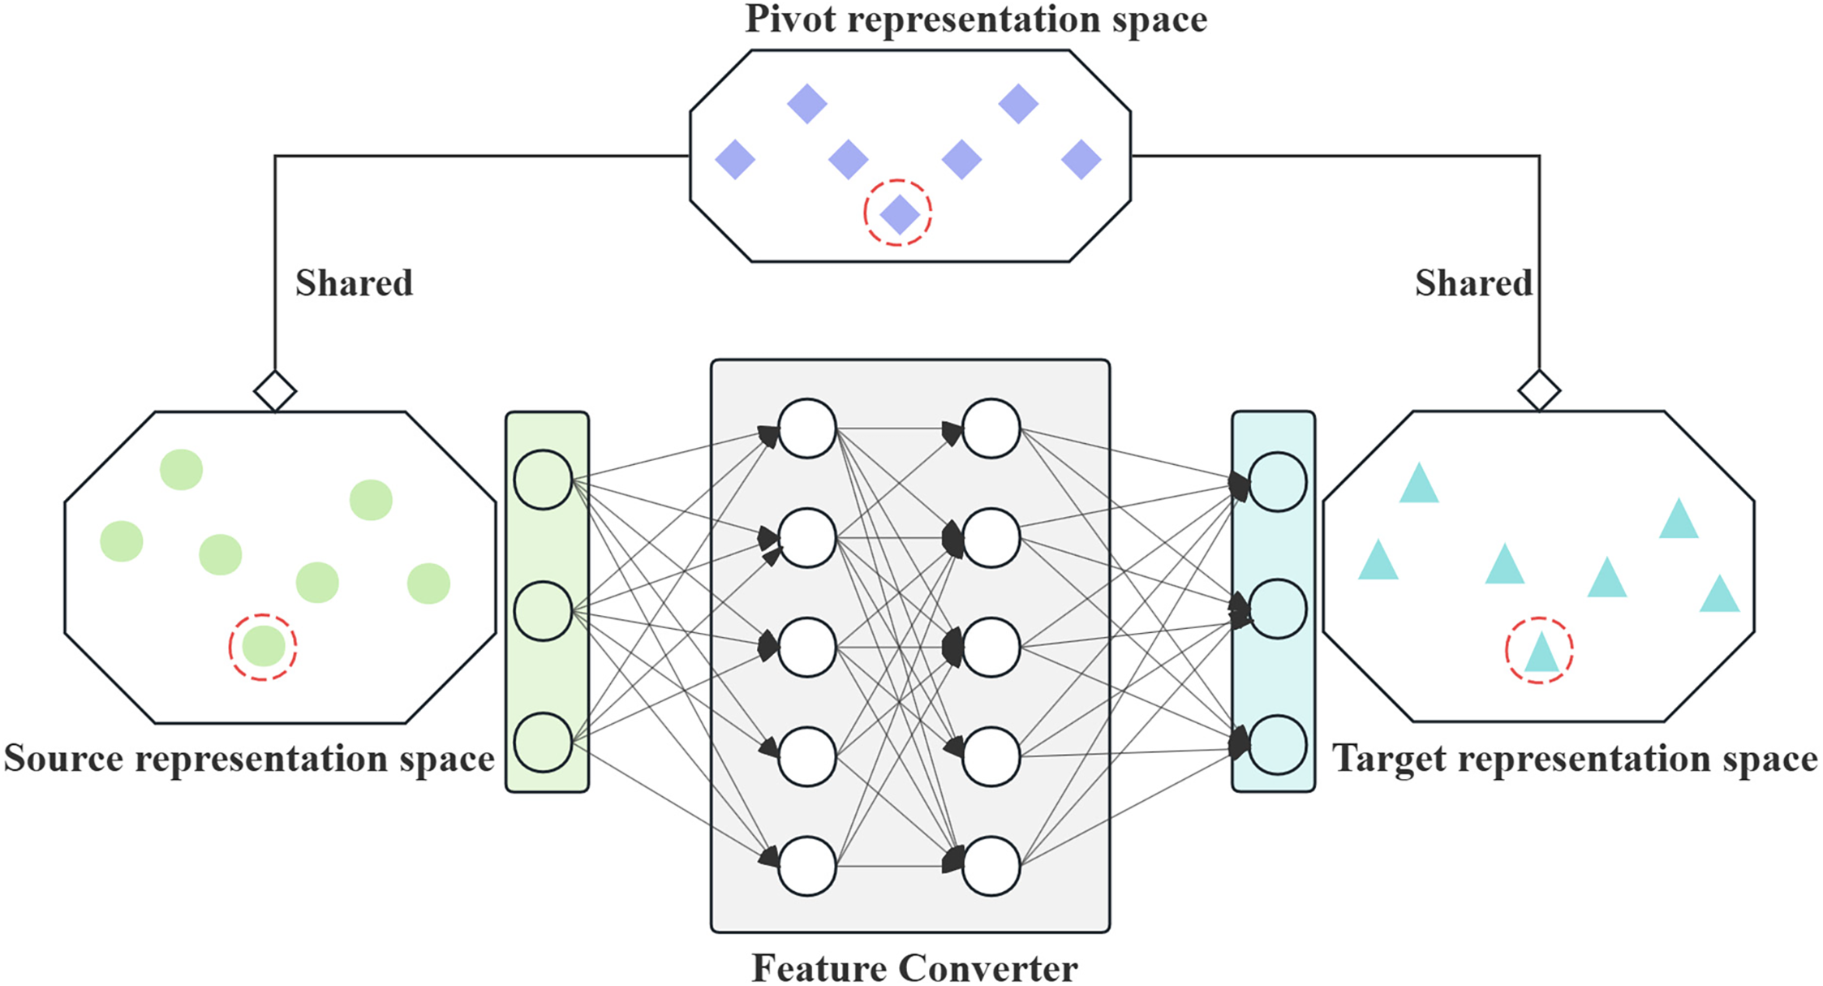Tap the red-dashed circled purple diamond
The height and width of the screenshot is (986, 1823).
click(x=898, y=213)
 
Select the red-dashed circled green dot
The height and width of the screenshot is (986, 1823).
click(x=263, y=647)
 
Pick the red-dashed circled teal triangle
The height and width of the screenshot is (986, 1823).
click(x=1539, y=651)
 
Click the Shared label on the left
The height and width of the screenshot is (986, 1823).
click(x=355, y=283)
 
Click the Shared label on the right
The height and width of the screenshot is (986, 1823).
click(x=1473, y=283)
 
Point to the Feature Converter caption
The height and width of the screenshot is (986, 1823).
click(x=914, y=967)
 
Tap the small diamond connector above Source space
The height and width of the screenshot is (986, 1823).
click(x=275, y=391)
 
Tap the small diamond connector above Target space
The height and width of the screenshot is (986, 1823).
click(x=1539, y=391)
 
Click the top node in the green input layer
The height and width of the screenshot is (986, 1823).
click(x=544, y=480)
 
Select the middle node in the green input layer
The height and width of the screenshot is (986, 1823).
click(x=544, y=611)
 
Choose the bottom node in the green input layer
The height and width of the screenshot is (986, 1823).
click(x=544, y=742)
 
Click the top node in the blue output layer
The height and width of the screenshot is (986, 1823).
click(x=1277, y=482)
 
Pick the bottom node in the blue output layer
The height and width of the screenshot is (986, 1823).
click(x=1277, y=744)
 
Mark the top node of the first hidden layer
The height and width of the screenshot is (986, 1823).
click(x=806, y=428)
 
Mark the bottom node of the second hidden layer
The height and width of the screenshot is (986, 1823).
click(x=991, y=866)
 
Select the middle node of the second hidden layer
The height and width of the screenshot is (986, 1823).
click(x=991, y=647)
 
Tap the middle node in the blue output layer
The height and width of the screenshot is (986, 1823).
click(x=1277, y=609)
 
